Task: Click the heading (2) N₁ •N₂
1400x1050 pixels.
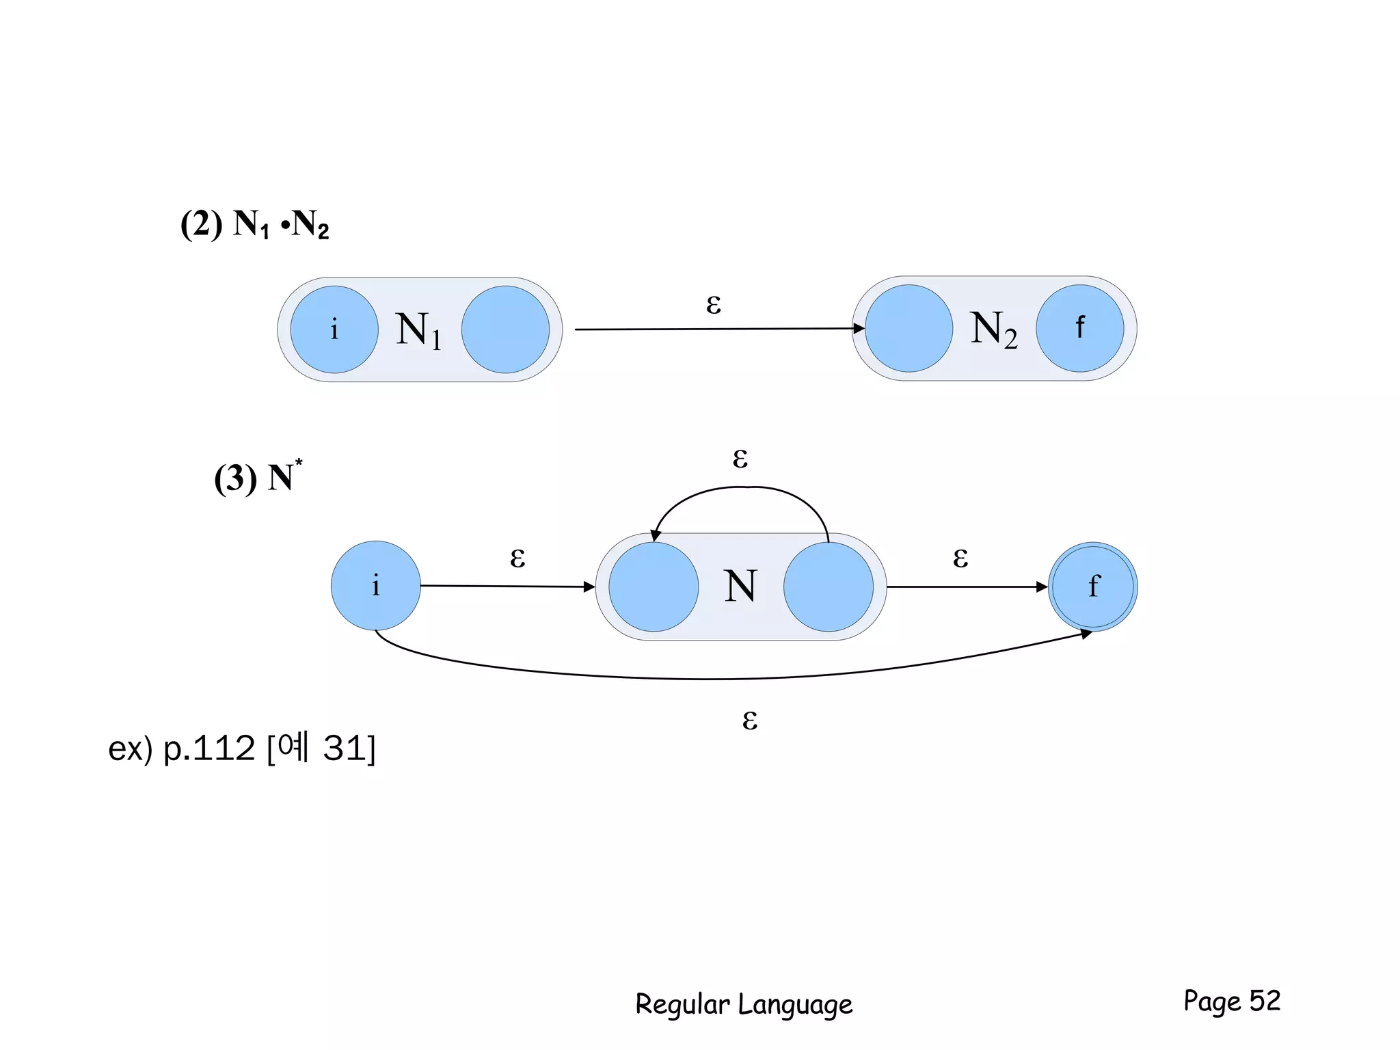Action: (x=254, y=224)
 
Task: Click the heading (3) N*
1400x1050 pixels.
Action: (x=258, y=476)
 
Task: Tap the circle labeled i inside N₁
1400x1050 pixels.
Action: (x=334, y=329)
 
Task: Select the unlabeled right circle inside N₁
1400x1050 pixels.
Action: (x=505, y=329)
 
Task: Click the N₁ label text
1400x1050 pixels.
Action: (x=418, y=330)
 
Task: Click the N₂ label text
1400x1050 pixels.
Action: (x=993, y=329)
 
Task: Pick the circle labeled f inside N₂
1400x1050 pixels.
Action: (x=1079, y=328)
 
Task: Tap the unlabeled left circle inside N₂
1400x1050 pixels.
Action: (x=908, y=328)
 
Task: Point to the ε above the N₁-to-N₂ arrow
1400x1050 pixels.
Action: (x=713, y=304)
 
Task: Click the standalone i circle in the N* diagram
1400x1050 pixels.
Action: (x=375, y=586)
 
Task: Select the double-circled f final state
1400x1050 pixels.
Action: (x=1092, y=587)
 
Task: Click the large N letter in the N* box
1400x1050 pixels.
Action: (x=740, y=587)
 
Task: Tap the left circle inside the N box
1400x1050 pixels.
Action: (x=654, y=587)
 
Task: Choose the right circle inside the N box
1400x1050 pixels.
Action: (x=829, y=587)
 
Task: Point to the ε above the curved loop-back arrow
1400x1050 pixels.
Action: (x=740, y=458)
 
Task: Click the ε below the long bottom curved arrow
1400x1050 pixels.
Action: (x=749, y=720)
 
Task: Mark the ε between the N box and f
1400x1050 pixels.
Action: (x=960, y=558)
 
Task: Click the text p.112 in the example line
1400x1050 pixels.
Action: (x=208, y=749)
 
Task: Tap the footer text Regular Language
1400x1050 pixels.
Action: (x=744, y=1004)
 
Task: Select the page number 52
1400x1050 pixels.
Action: (x=1264, y=1001)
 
